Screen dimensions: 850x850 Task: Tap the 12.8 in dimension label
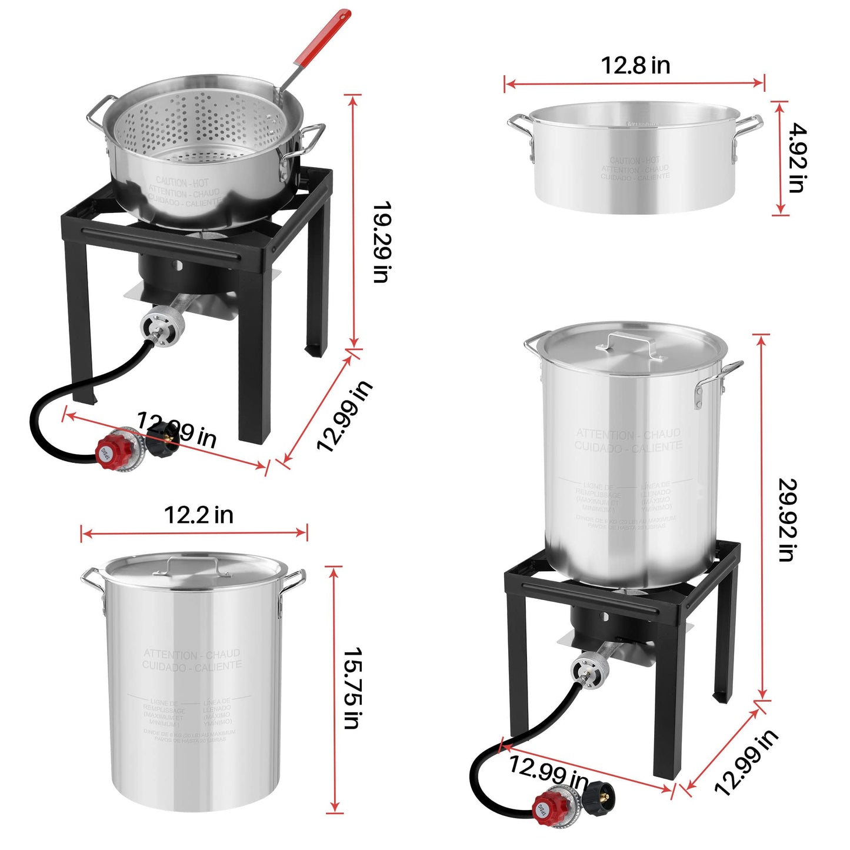[635, 65]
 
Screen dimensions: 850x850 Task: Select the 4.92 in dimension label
[797, 158]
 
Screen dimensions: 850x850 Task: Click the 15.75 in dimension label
[352, 688]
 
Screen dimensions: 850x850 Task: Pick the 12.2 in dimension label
[198, 515]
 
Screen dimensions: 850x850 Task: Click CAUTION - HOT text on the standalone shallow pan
[635, 160]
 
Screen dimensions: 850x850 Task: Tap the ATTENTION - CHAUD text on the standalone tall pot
[192, 654]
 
